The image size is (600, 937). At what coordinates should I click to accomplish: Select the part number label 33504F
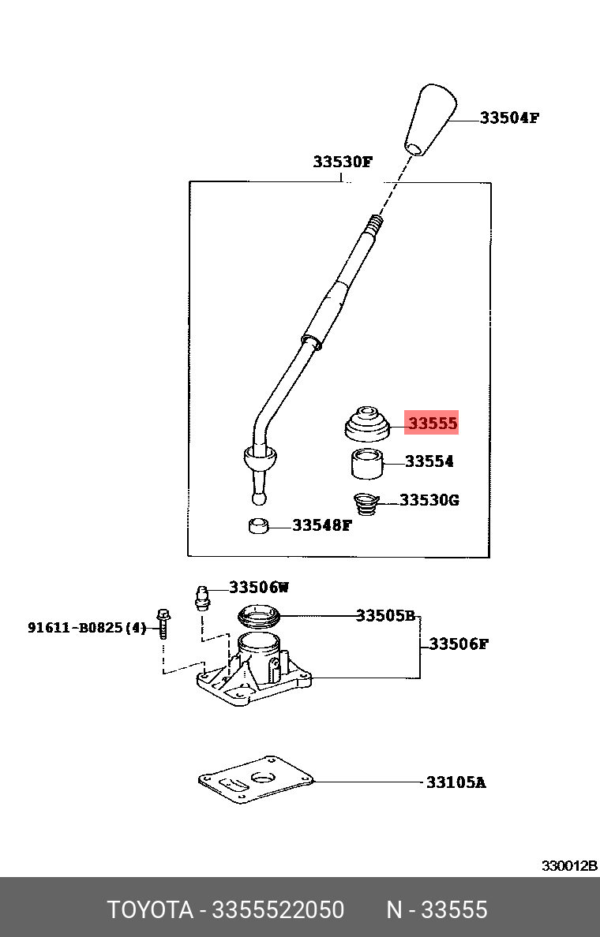tap(509, 118)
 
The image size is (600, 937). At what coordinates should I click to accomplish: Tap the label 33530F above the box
tap(342, 162)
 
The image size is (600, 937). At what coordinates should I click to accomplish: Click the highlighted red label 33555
tap(432, 424)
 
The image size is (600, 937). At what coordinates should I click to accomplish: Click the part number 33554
tap(429, 461)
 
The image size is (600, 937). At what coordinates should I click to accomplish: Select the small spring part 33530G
tap(366, 502)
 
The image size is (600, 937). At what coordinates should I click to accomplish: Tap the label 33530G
tap(429, 500)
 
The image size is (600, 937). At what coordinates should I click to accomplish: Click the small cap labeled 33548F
tap(258, 525)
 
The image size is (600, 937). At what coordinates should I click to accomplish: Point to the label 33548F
tap(321, 524)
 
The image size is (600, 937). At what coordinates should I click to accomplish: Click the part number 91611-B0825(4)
tap(87, 628)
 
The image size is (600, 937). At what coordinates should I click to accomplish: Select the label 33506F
tap(459, 644)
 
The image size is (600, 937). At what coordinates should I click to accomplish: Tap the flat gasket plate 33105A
tap(257, 780)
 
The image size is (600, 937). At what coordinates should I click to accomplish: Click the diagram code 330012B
tap(568, 865)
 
